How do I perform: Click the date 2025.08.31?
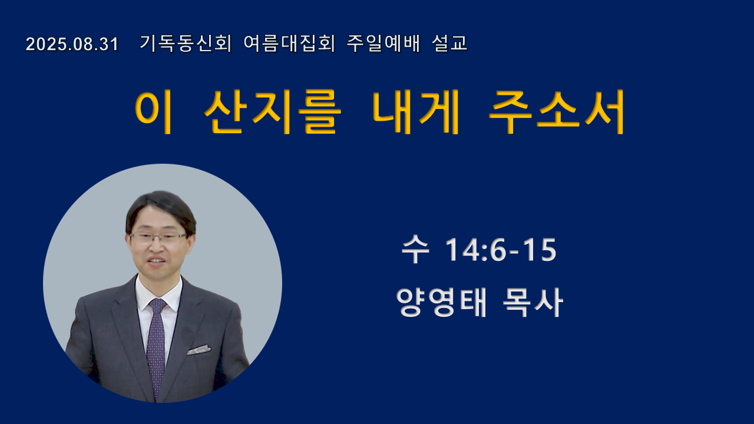click(72, 44)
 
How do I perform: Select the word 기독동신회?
click(186, 44)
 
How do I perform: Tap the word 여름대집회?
click(289, 44)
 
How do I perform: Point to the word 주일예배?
click(383, 44)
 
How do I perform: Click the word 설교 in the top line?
click(449, 44)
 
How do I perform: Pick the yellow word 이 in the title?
click(154, 112)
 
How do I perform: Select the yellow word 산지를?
click(273, 112)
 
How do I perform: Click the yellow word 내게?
click(415, 112)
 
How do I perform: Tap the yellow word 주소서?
click(557, 112)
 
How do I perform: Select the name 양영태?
click(441, 302)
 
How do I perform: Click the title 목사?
click(533, 302)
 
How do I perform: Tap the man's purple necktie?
click(156, 347)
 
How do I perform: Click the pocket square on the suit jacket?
click(199, 350)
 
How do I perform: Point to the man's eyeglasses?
click(158, 238)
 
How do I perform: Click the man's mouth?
click(156, 261)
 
